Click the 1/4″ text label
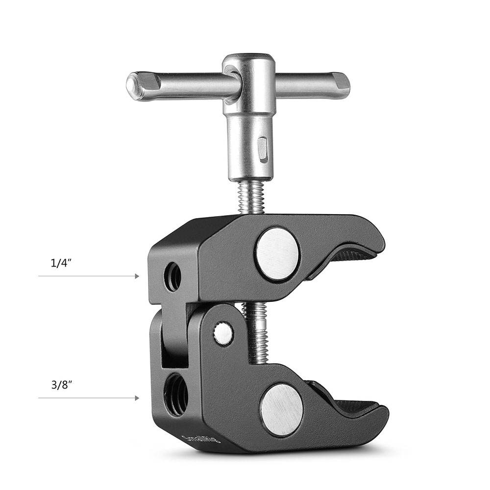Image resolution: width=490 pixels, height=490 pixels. (x=62, y=263)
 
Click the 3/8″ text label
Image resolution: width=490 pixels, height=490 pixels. (x=62, y=385)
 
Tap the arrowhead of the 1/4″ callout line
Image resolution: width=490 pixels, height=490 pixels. (x=137, y=276)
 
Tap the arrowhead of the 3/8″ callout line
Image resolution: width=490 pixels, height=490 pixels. (x=137, y=398)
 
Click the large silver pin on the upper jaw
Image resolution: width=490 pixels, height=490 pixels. (x=277, y=254)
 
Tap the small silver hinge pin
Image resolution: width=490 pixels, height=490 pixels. (x=223, y=333)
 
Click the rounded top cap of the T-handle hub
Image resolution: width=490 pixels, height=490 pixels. (x=248, y=60)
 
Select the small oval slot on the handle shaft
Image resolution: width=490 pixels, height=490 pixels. (x=263, y=149)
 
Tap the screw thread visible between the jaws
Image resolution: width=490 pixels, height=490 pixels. (x=256, y=333)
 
